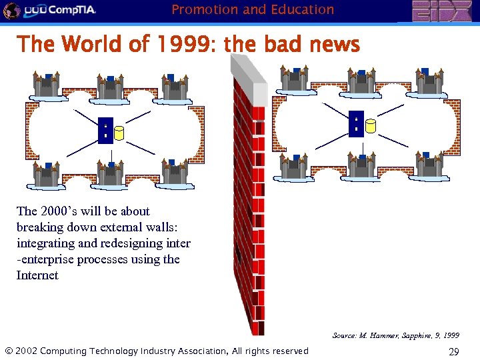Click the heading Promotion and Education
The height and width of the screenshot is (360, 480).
coord(253,9)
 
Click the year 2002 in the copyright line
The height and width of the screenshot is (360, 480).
coord(26,351)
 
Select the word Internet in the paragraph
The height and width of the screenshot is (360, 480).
coord(37,275)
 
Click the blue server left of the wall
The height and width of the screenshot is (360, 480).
coord(105,131)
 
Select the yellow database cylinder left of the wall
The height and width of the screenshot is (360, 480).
coord(119,133)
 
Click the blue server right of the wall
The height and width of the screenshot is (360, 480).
coord(356,123)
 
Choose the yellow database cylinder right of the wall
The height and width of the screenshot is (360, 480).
coord(371,126)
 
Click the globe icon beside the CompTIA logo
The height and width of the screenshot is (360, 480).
coord(11,10)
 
